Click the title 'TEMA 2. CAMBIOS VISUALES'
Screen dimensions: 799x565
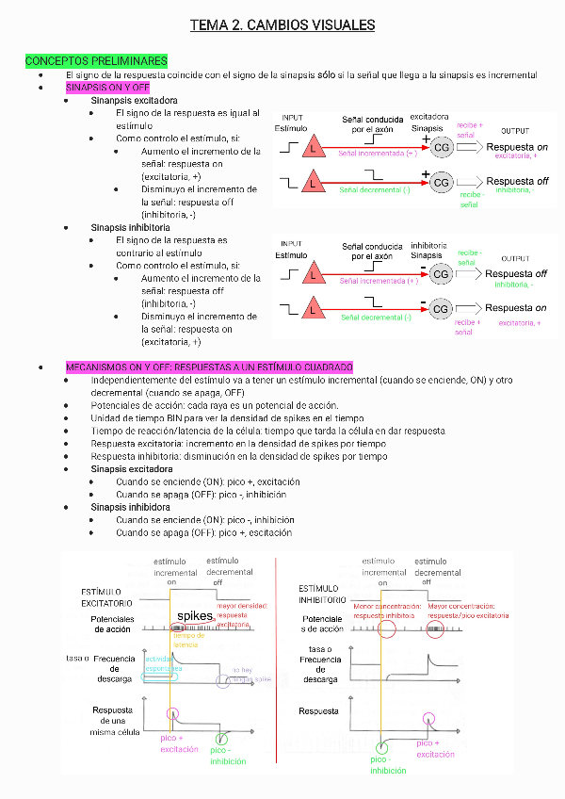[282, 25]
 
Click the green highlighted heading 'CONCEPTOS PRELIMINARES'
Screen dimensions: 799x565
[96, 61]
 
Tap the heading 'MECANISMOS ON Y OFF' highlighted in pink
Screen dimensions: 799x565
[209, 367]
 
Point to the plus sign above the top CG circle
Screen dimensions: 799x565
[426, 139]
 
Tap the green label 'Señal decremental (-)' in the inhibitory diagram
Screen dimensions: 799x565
[376, 318]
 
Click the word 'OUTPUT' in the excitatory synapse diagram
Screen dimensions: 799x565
[515, 131]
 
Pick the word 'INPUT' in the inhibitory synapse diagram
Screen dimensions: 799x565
[292, 244]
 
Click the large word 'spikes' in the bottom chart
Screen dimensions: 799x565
[196, 616]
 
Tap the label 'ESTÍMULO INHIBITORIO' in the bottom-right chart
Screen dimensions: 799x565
[321, 594]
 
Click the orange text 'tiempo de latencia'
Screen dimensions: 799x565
[188, 640]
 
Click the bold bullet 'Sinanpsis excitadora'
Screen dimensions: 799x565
[134, 100]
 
